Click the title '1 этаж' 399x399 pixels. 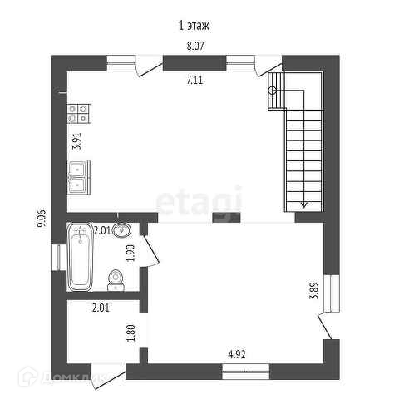pos(194,26)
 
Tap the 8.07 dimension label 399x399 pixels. pos(195,46)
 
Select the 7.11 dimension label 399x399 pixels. pos(195,81)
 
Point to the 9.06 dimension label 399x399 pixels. pos(42,219)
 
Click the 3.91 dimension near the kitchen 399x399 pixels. pos(76,141)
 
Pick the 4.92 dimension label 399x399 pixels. pos(237,354)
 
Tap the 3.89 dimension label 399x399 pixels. pos(313,290)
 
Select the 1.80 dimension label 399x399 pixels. pos(131,333)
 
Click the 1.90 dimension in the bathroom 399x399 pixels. pos(131,253)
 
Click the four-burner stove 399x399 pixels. pos(79,114)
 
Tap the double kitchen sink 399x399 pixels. pos(79,177)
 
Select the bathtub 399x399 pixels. pos(80,256)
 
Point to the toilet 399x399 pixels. pos(116,280)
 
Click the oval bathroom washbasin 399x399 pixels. pos(121,230)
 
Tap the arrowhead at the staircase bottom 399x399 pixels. pos(304,205)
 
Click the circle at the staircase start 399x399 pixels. pos(273,91)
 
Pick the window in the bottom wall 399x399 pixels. pos(246,372)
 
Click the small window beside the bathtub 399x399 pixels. pos(59,257)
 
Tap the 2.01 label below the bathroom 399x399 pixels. pos(101,308)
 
